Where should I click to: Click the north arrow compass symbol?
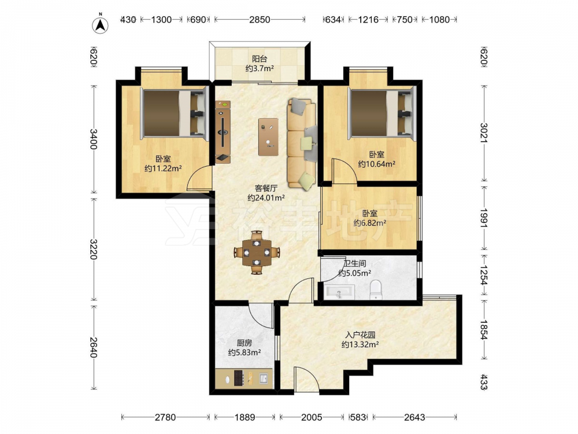(100, 24)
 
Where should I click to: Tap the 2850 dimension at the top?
(260, 20)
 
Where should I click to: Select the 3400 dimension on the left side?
(93, 139)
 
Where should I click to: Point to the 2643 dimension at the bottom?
(414, 417)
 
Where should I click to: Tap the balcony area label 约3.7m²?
(260, 68)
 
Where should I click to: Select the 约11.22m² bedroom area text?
(163, 168)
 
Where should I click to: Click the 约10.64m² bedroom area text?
(377, 164)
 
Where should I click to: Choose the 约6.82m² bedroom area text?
(370, 223)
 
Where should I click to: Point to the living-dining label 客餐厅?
(266, 188)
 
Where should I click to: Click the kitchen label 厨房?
(244, 343)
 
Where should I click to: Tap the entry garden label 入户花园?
(360, 335)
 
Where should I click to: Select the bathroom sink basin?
(339, 292)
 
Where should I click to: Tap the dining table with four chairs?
(257, 253)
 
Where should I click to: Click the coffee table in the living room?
(268, 137)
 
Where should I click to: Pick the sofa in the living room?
(302, 144)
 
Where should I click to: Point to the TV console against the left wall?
(223, 132)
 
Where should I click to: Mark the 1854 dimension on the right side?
(484, 330)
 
